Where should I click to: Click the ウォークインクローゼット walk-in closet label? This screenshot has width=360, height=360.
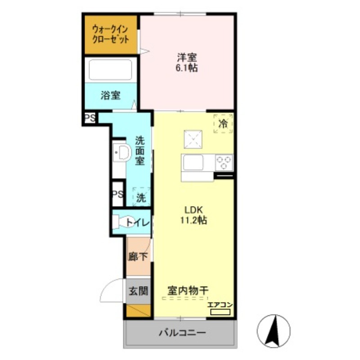coord(110,35)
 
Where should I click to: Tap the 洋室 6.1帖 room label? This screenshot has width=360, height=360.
coord(187,63)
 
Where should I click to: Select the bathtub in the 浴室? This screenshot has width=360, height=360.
coord(110,70)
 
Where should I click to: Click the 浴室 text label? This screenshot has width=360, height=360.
coord(110,95)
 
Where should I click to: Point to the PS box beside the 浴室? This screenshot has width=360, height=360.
coord(90,118)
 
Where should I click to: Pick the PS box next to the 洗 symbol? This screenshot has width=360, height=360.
coord(118,194)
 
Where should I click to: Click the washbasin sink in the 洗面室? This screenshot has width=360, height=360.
coord(121,153)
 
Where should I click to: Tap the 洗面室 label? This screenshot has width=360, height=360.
coord(139,151)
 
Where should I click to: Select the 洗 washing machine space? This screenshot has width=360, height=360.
coord(141,197)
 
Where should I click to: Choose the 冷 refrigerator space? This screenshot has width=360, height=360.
coord(223,124)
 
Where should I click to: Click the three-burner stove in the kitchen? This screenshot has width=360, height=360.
coord(224,162)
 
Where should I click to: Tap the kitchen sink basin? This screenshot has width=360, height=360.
coord(193,162)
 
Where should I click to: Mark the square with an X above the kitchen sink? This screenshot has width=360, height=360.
coord(193,139)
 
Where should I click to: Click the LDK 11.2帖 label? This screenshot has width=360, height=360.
coord(193,215)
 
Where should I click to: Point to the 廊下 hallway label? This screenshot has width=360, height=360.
coord(138,256)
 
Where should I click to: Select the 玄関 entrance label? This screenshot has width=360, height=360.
coord(138,291)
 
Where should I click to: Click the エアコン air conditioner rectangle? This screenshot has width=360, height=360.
coord(220,312)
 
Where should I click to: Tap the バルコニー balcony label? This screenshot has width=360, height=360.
coord(182,333)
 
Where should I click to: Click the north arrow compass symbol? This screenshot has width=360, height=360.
coord(274,331)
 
